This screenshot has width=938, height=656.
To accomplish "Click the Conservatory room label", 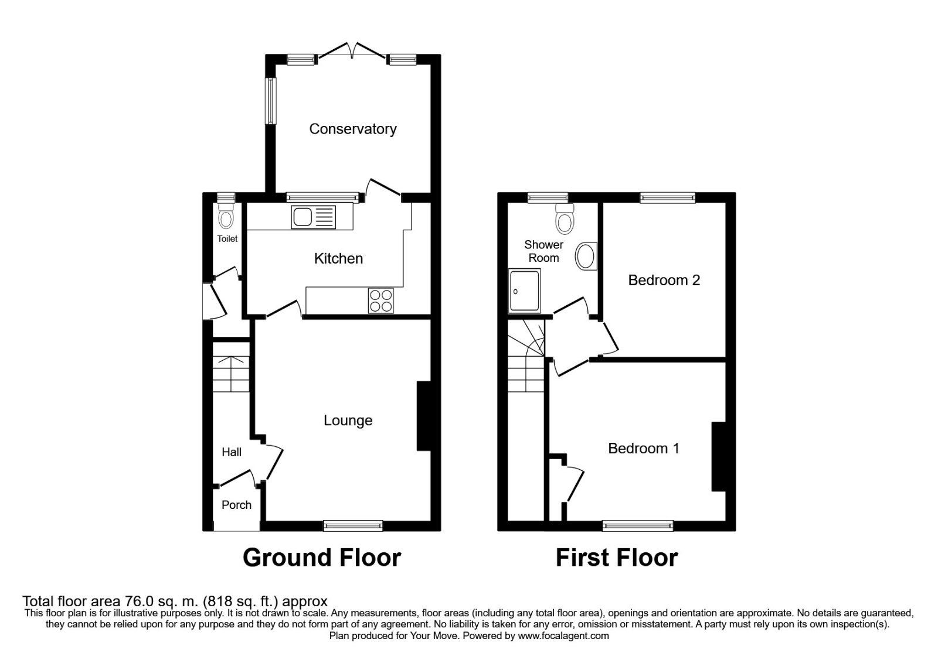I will pos(352,129).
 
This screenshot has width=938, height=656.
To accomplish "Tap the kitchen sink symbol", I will pos(313,217).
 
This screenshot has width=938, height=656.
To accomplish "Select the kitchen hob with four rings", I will pos(380,300).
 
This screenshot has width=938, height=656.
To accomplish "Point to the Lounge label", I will pos(348,421).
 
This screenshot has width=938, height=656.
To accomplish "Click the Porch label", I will pos(236,505).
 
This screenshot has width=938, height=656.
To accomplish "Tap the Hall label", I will pos(232,452).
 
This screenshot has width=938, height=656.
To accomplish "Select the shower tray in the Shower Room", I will pos(524,291).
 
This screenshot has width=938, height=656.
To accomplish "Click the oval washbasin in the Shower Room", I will pos(586,256).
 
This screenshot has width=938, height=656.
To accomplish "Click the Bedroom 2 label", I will pos(664,281).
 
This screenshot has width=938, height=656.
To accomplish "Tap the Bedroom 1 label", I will pos(643,449).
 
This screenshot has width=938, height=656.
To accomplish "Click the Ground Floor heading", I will pos(322,558).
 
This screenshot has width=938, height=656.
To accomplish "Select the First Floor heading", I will pos(617,558).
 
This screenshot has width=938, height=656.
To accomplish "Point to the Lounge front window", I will pos(353,525).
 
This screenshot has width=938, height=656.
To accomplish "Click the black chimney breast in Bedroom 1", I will pos(718,456).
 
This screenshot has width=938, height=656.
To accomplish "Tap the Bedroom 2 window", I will pos(667,197).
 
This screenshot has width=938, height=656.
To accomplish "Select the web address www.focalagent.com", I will pos(563,635).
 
